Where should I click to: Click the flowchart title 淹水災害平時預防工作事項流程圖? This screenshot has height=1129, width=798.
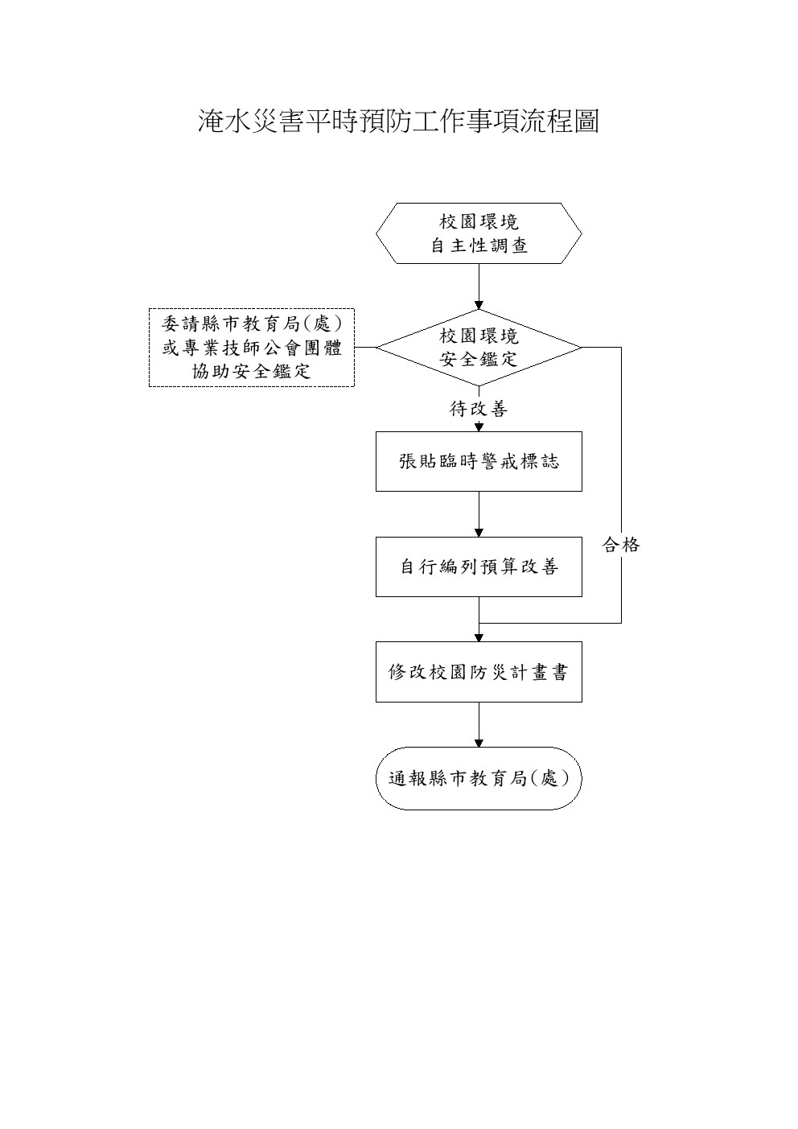click(x=398, y=122)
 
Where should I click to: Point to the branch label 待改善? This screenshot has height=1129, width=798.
click(x=478, y=409)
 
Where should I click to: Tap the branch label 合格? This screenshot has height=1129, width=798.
click(x=621, y=545)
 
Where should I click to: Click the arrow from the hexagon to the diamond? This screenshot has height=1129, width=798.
click(x=479, y=286)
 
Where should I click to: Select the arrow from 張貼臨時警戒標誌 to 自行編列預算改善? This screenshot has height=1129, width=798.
click(x=479, y=514)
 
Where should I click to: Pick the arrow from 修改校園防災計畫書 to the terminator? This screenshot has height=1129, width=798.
click(x=479, y=725)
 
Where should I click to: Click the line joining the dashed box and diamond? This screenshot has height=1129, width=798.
click(x=365, y=348)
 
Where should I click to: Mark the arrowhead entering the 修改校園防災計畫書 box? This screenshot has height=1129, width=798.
click(x=479, y=637)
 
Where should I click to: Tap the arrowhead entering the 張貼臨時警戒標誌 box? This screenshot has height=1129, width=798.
click(x=479, y=427)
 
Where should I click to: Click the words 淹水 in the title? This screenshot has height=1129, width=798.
click(x=224, y=122)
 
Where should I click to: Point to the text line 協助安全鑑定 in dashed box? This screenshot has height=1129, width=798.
click(x=252, y=372)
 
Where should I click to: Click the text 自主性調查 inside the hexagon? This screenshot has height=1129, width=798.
click(x=479, y=245)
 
